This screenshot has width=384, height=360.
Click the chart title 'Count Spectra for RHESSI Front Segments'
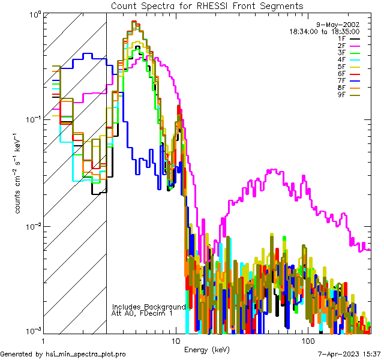point(207,5)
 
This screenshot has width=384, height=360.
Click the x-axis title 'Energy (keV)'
point(206,350)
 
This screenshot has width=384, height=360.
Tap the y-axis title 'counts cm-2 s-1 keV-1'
point(19,174)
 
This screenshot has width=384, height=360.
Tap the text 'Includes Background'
point(149,307)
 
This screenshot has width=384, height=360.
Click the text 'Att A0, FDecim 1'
point(142,313)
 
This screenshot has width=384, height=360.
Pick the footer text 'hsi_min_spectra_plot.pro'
point(86,354)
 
